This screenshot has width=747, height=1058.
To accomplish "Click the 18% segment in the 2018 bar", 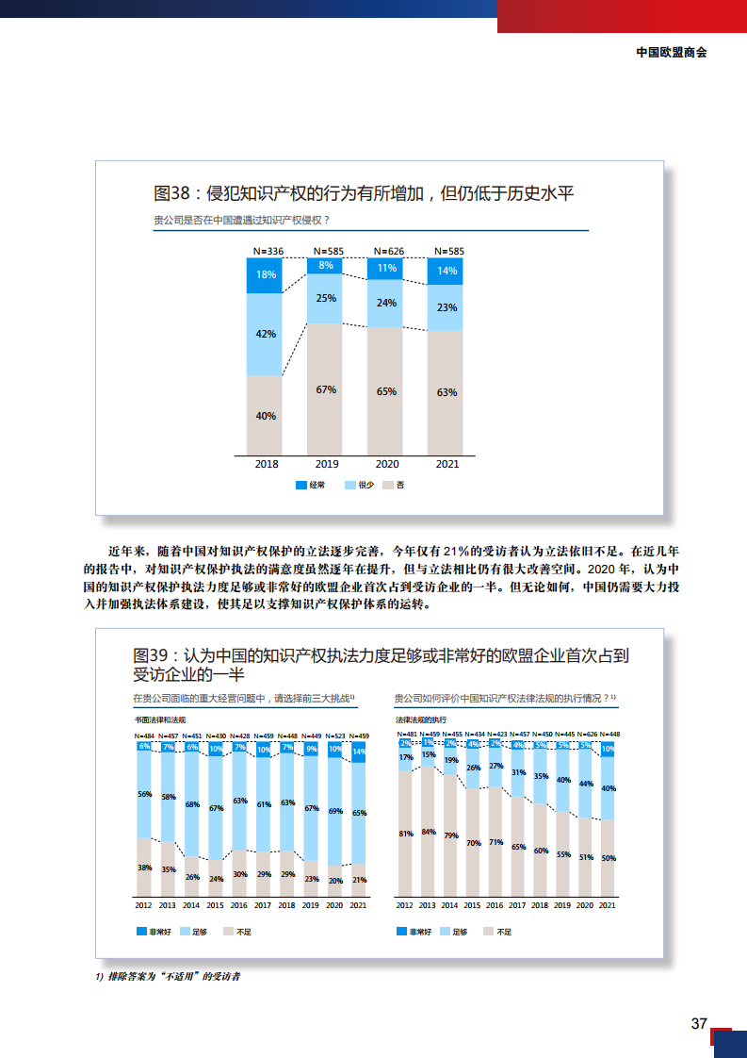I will [x=266, y=275].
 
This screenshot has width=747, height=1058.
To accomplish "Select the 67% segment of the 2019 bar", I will [x=326, y=388].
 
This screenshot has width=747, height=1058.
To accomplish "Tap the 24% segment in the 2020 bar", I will [x=386, y=303].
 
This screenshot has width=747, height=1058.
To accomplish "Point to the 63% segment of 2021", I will [x=447, y=391].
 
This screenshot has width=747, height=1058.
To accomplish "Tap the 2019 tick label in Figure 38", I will [x=326, y=464].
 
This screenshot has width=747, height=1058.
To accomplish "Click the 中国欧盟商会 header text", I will [x=672, y=53].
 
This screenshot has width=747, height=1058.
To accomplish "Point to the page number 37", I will [x=698, y=1024].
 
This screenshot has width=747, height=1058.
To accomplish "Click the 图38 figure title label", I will [x=172, y=193].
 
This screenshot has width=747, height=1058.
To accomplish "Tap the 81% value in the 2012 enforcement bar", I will [x=406, y=834].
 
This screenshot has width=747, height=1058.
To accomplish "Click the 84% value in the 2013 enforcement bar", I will [x=429, y=832].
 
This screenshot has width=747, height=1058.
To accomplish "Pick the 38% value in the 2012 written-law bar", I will [x=144, y=868].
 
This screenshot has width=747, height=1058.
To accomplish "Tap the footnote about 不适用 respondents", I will [x=168, y=976].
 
